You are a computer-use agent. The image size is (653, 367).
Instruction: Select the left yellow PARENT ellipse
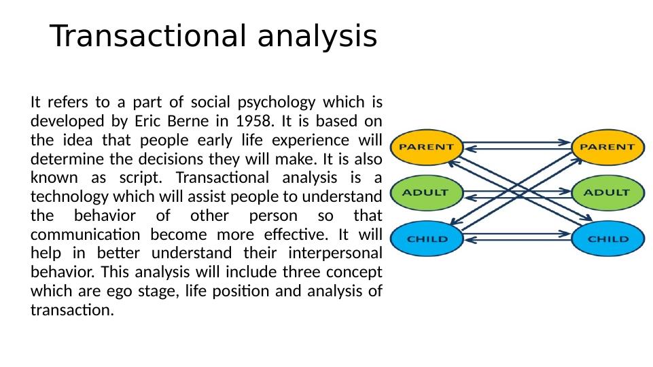pos(427,147)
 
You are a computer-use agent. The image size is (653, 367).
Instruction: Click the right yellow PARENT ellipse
pos(607,147)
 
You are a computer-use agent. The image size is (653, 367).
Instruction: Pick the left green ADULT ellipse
pos(427,193)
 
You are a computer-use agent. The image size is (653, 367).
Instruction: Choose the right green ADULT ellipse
pos(607,193)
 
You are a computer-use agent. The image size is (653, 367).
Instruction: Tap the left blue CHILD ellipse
pos(427,239)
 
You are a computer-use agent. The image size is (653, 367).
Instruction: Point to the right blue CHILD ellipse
pos(607,239)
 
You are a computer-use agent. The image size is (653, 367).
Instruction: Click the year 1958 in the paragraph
pos(255,121)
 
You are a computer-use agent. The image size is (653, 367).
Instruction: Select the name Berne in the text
pos(188,121)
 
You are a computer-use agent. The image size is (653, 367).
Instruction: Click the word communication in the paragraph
pos(86,234)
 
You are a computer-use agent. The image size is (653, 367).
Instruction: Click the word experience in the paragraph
pos(311,141)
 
